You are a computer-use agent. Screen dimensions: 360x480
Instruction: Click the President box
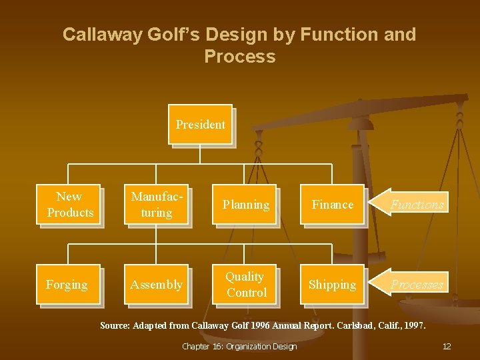[200, 125]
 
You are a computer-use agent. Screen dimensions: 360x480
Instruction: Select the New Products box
[69, 205]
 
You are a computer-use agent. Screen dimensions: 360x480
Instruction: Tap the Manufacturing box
[156, 205]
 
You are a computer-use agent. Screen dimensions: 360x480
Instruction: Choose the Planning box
[246, 205]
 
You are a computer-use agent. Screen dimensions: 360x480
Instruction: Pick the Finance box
[332, 205]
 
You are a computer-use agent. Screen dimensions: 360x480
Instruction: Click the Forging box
[67, 285]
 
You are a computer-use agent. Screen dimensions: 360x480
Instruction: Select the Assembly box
[156, 285]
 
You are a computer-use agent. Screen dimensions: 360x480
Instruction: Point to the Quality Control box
[246, 285]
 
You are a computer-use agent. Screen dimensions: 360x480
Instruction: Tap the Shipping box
[332, 285]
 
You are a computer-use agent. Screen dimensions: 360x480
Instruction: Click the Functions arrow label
[417, 205]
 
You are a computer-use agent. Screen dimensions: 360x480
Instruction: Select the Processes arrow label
[417, 285]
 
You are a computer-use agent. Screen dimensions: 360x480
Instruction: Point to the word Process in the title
[240, 57]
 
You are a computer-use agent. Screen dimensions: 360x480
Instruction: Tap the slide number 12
[447, 346]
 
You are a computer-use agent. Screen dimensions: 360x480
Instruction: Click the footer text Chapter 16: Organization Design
[239, 346]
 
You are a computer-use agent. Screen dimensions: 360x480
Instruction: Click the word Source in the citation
[115, 326]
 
